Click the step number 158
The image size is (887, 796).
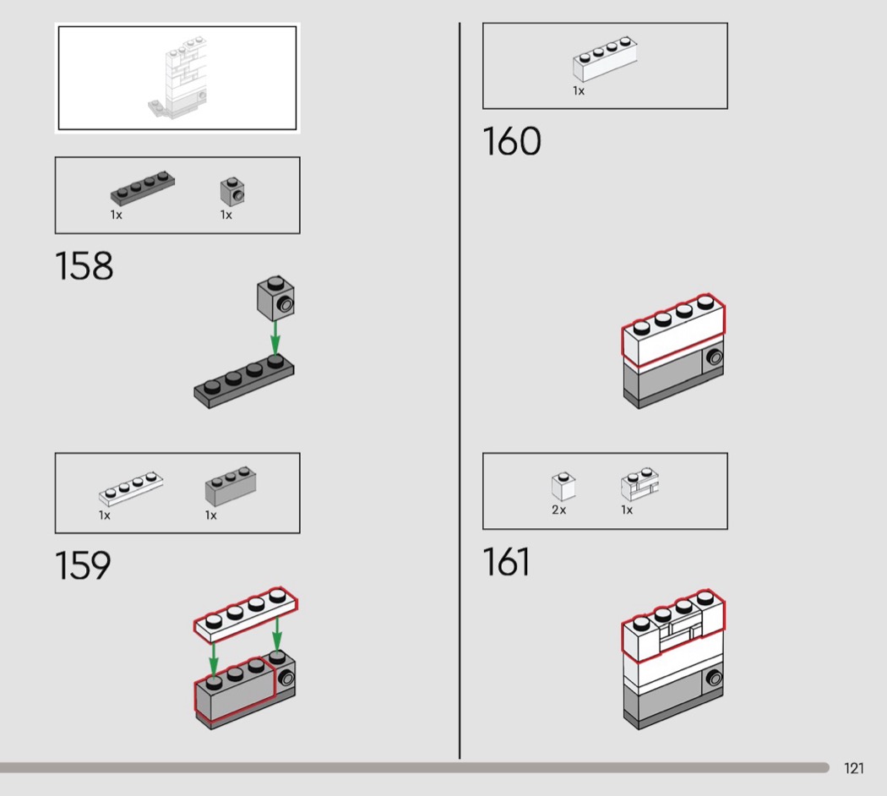click(84, 265)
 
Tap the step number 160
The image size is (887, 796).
click(511, 141)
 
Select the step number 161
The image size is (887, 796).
click(506, 561)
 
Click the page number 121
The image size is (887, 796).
click(853, 768)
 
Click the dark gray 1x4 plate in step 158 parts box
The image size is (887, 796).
click(143, 188)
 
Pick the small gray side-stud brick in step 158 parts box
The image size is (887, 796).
click(232, 192)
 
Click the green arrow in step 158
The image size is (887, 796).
click(275, 337)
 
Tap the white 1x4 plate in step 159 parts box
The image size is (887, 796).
click(131, 488)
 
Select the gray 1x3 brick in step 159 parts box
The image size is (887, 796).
click(231, 486)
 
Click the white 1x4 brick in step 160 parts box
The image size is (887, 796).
click(606, 59)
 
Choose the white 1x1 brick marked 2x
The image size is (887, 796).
click(563, 487)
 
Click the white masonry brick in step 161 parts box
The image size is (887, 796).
click(639, 485)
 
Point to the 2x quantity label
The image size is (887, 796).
click(559, 510)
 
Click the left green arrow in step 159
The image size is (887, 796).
click(213, 659)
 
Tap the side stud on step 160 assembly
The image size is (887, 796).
click(715, 357)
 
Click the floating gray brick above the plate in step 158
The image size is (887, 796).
click(275, 298)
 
